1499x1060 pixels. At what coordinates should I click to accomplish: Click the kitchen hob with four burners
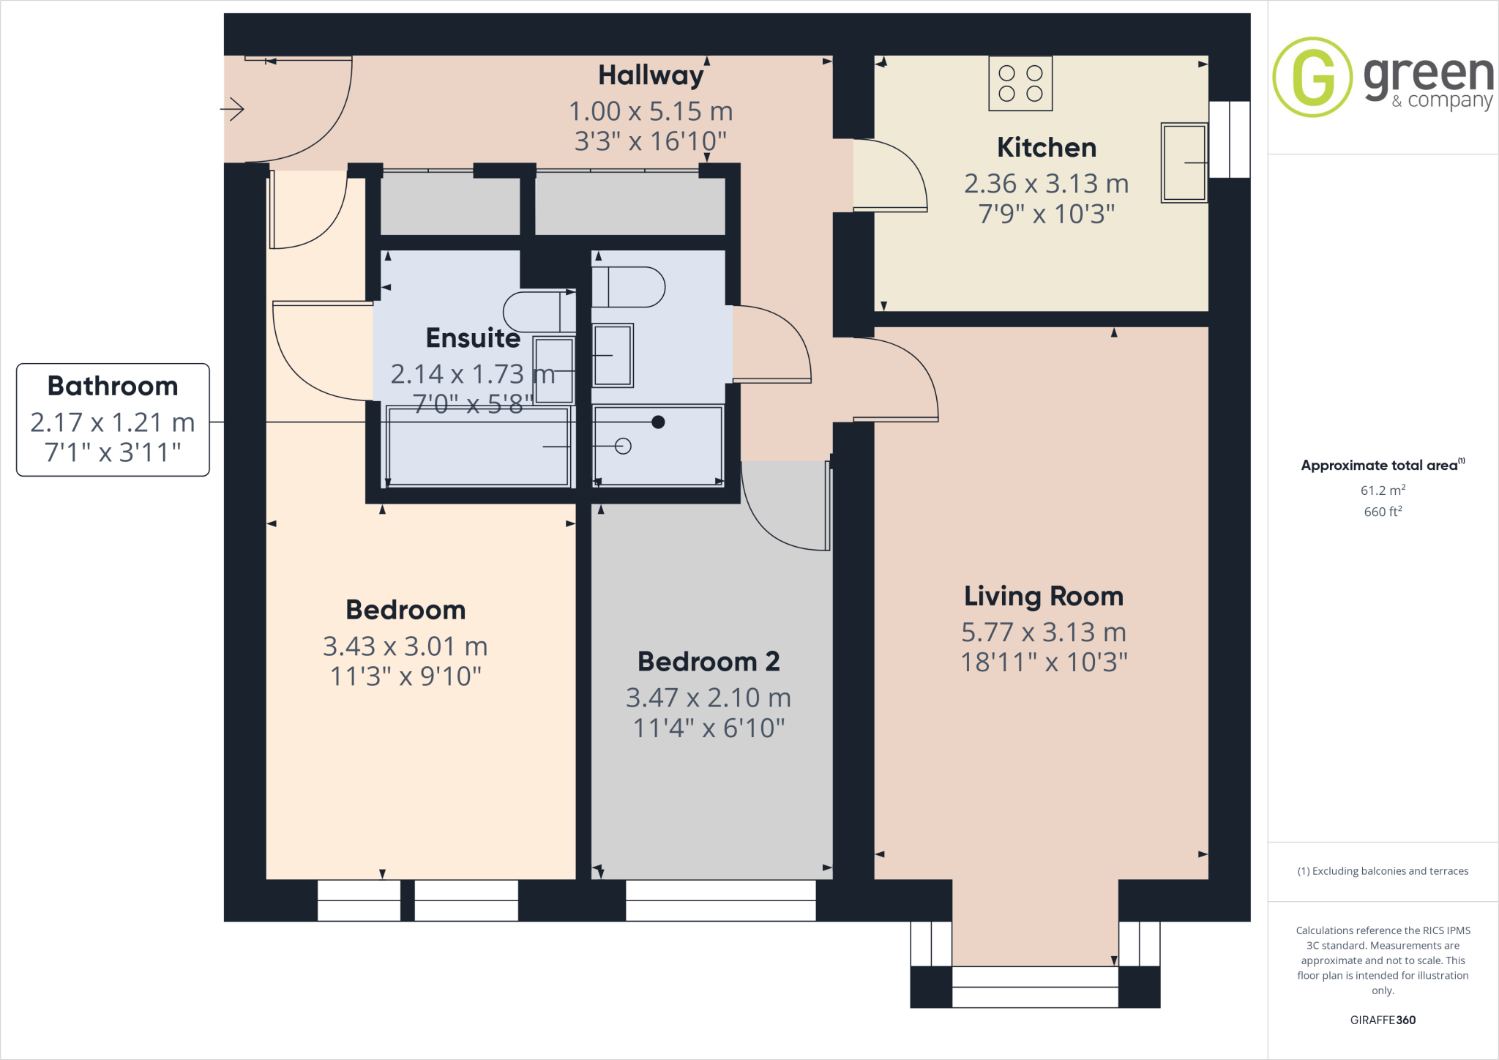tap(1020, 83)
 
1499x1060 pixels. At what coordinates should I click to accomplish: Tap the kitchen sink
tap(1184, 163)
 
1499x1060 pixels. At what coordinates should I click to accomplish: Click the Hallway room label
tap(650, 75)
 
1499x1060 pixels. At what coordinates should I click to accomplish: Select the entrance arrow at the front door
tap(232, 110)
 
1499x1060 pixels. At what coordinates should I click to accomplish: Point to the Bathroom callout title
tap(113, 386)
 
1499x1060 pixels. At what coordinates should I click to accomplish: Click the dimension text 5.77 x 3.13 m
tap(1043, 632)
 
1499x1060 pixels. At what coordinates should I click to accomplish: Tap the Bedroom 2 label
tap(708, 661)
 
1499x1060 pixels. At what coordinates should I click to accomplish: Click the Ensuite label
tap(473, 337)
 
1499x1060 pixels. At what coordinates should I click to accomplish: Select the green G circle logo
tap(1312, 77)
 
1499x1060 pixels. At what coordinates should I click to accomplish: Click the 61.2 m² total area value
tap(1382, 490)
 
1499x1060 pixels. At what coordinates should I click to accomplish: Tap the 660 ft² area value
tap(1382, 512)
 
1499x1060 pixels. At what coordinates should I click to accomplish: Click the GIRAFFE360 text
tap(1382, 1020)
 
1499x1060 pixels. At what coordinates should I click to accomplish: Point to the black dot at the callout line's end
tap(658, 422)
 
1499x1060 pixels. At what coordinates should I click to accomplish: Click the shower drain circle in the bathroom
tap(623, 446)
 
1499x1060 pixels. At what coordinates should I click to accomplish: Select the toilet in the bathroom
tap(628, 287)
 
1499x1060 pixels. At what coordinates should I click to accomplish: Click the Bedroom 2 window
tap(720, 900)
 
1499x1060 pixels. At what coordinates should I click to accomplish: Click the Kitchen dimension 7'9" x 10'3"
tap(1046, 214)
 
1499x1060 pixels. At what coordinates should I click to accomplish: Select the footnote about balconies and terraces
tap(1382, 871)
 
